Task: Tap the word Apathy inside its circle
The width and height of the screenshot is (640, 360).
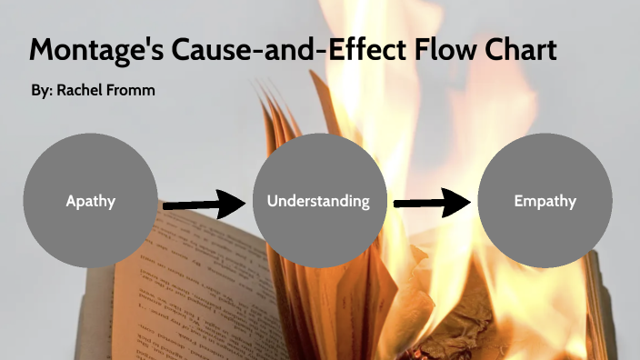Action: (x=90, y=202)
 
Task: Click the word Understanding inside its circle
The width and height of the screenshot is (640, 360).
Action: (x=318, y=201)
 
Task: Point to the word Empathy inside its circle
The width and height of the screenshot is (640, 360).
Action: (x=545, y=202)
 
